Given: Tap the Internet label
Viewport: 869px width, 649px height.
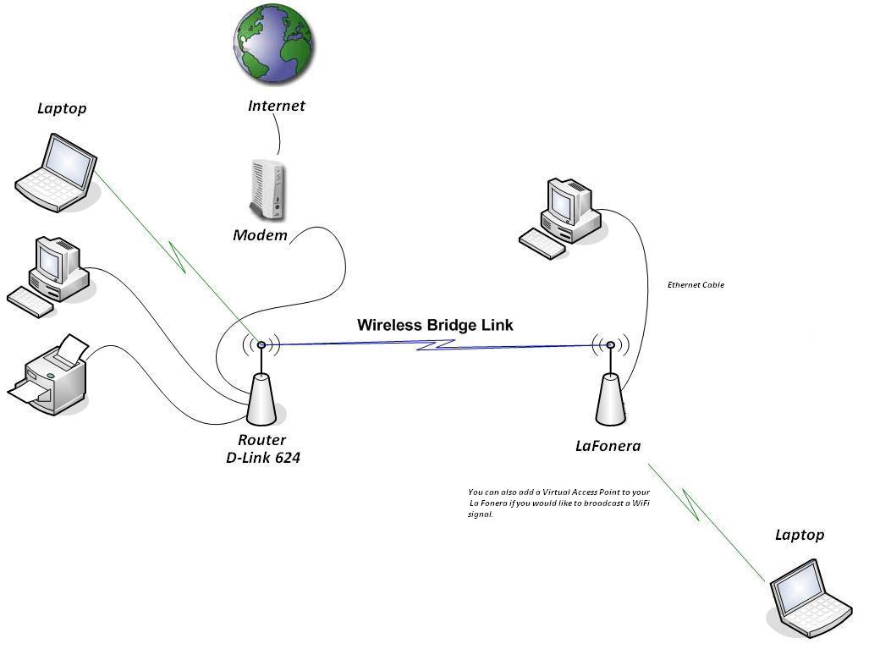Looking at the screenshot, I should [276, 107].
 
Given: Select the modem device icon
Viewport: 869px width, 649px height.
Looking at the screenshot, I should [268, 190].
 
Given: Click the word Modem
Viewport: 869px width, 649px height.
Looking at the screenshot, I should [260, 235].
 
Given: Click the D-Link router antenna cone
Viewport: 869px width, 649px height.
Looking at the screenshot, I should [261, 398].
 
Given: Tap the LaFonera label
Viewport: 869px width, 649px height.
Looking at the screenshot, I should [608, 446].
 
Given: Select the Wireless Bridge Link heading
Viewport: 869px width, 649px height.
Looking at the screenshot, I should [435, 325].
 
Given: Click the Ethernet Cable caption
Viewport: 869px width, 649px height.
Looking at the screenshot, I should [696, 285].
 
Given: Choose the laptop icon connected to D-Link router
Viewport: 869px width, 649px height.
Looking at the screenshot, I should [57, 173].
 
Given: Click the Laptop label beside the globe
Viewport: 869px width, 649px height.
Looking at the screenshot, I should [62, 108].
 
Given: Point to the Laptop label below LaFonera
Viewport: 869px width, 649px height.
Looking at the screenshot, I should [800, 535].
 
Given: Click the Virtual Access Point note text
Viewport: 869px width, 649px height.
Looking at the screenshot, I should [558, 503].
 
